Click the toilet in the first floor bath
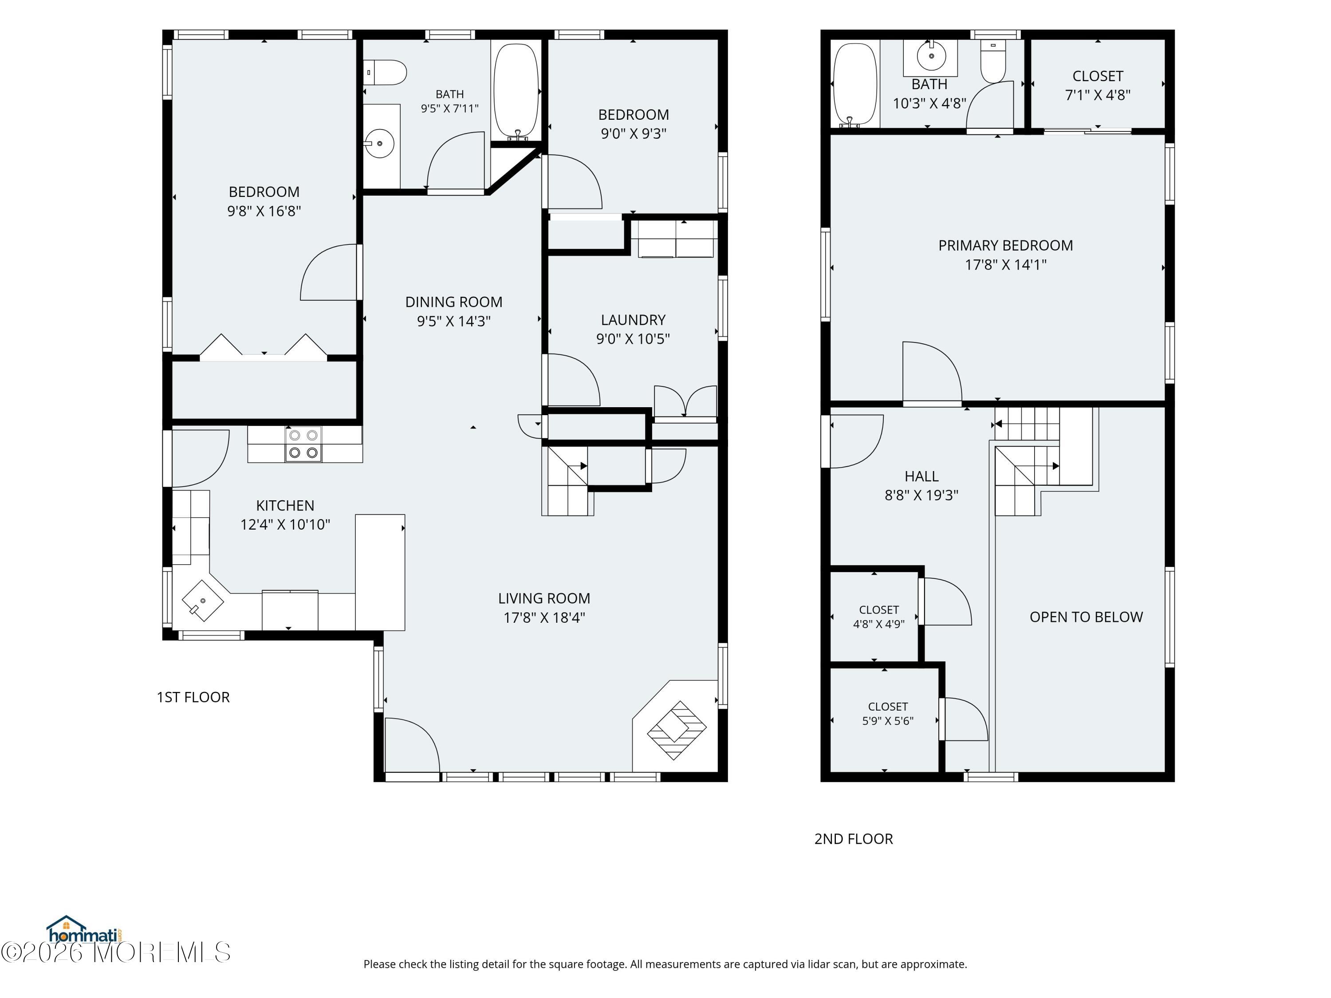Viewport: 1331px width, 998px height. pyautogui.click(x=385, y=72)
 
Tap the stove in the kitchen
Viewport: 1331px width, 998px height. pyautogui.click(x=303, y=444)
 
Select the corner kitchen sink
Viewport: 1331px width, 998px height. pyautogui.click(x=203, y=601)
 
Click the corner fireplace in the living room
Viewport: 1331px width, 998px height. pyautogui.click(x=676, y=730)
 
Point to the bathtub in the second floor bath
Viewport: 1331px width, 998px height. pyautogui.click(x=855, y=85)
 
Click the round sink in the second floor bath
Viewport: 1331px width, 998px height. pyautogui.click(x=931, y=56)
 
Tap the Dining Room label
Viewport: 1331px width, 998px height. pyautogui.click(x=454, y=302)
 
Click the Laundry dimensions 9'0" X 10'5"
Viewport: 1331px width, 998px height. pyautogui.click(x=633, y=339)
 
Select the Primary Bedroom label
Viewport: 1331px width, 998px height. pyautogui.click(x=1005, y=245)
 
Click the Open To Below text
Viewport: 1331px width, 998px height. pyautogui.click(x=1086, y=617)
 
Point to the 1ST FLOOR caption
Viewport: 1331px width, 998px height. pyautogui.click(x=193, y=697)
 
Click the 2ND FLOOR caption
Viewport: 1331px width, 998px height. pyautogui.click(x=853, y=839)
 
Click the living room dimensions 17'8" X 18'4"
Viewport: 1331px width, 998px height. pyautogui.click(x=544, y=618)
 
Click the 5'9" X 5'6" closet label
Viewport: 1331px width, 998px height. pyautogui.click(x=887, y=721)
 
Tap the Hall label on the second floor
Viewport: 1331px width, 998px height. pyautogui.click(x=921, y=476)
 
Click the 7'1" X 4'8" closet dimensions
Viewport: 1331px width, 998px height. pyautogui.click(x=1098, y=95)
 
